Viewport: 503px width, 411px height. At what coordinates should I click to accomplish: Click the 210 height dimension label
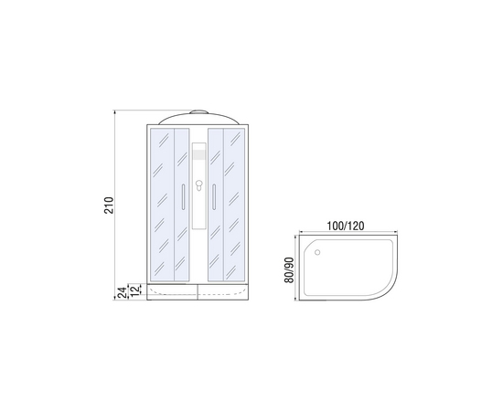(x=109, y=205)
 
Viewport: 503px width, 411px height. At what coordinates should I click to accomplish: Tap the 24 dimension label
(x=122, y=293)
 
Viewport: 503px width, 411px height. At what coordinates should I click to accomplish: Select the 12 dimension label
(x=135, y=290)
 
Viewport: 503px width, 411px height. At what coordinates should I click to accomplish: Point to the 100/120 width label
(x=346, y=226)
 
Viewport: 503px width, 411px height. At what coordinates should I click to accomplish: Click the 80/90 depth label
(x=289, y=270)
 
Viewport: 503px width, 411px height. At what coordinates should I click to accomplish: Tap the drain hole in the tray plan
(x=317, y=252)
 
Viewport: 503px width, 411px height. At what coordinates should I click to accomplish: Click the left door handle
(x=183, y=197)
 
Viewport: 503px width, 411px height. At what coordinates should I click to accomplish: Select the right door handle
(x=214, y=197)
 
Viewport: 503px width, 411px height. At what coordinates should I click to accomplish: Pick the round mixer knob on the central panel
(x=198, y=184)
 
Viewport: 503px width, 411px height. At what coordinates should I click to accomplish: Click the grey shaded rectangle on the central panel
(x=198, y=154)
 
